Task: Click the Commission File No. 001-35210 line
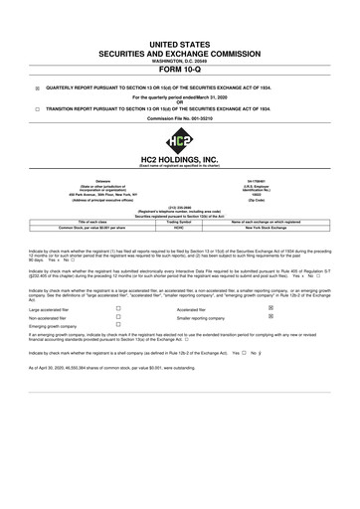pyautogui.click(x=179, y=121)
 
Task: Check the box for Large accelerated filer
pyautogui.click(x=118, y=338)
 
